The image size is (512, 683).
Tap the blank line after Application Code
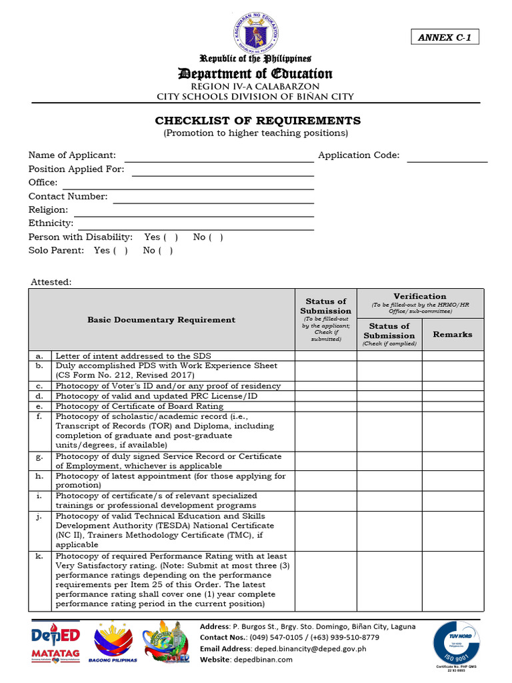pyautogui.click(x=447, y=157)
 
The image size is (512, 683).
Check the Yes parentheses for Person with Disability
pyautogui.click(x=171, y=237)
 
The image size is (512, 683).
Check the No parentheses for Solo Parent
pyautogui.click(x=167, y=251)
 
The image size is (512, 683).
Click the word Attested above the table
pyautogui.click(x=51, y=282)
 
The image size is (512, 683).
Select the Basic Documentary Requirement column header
pyautogui.click(x=161, y=320)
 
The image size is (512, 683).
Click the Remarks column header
pyautogui.click(x=453, y=334)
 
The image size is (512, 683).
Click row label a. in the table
pyautogui.click(x=39, y=356)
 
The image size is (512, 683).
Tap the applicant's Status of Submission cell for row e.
pyautogui.click(x=325, y=406)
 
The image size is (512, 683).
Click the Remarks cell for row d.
pyautogui.click(x=453, y=396)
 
